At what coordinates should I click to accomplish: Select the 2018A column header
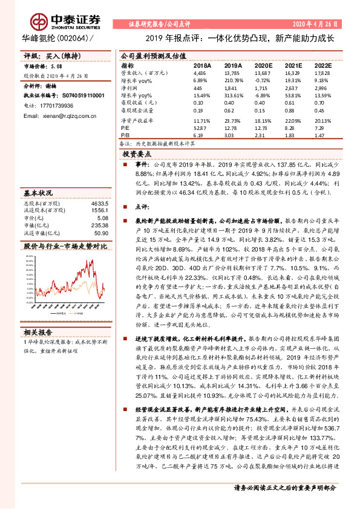[202, 65]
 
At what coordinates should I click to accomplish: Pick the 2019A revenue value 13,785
[232, 72]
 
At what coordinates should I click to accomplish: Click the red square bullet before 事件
[125, 164]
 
